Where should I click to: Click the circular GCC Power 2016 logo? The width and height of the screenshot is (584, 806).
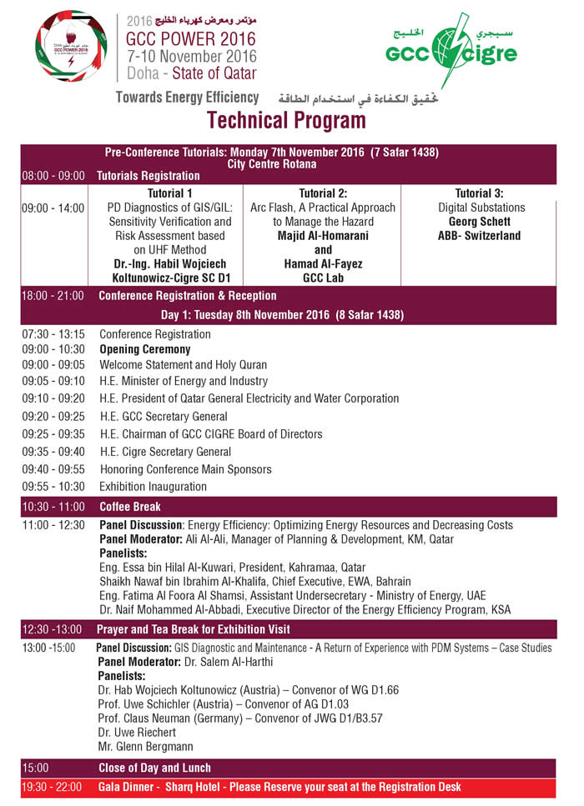tap(72, 46)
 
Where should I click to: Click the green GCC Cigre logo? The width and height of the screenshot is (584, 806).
tap(451, 52)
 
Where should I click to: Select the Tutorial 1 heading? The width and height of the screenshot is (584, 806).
tap(170, 193)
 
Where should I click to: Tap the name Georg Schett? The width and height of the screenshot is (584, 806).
tap(479, 222)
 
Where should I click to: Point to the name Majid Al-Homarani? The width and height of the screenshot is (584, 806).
tap(323, 236)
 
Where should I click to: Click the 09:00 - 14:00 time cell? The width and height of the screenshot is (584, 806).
tap(53, 208)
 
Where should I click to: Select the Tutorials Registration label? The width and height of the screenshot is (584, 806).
tap(149, 176)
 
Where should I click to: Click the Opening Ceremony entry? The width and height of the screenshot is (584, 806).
tap(145, 349)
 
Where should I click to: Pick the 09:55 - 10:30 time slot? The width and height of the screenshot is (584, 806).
tap(53, 486)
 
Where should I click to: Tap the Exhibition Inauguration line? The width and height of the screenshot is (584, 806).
tap(153, 486)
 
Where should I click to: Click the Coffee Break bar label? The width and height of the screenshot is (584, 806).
tap(130, 506)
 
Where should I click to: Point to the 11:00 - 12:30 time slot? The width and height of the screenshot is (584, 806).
tap(53, 525)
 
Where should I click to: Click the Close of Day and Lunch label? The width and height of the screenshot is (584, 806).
tap(154, 768)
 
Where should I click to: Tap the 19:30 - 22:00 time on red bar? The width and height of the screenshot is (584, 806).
tap(54, 787)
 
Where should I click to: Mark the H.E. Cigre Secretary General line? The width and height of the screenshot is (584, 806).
tap(165, 452)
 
